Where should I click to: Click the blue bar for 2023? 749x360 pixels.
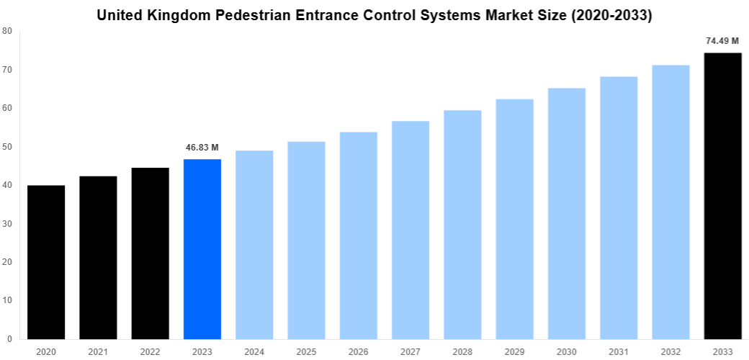(202, 248)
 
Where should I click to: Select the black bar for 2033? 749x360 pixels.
(722, 195)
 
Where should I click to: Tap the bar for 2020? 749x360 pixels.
(46, 262)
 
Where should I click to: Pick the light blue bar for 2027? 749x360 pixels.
(411, 230)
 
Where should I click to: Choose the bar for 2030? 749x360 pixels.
(567, 213)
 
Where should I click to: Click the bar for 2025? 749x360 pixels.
(306, 240)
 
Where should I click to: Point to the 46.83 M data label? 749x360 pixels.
(202, 148)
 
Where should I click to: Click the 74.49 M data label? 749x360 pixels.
(722, 41)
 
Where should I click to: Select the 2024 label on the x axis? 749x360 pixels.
(254, 351)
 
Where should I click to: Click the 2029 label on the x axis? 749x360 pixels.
(514, 351)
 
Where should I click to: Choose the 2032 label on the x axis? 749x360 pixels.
(670, 351)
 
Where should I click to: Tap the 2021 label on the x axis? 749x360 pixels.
(98, 351)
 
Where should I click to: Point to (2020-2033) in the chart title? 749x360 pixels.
(611, 15)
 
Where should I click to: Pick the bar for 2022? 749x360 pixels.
(150, 253)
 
